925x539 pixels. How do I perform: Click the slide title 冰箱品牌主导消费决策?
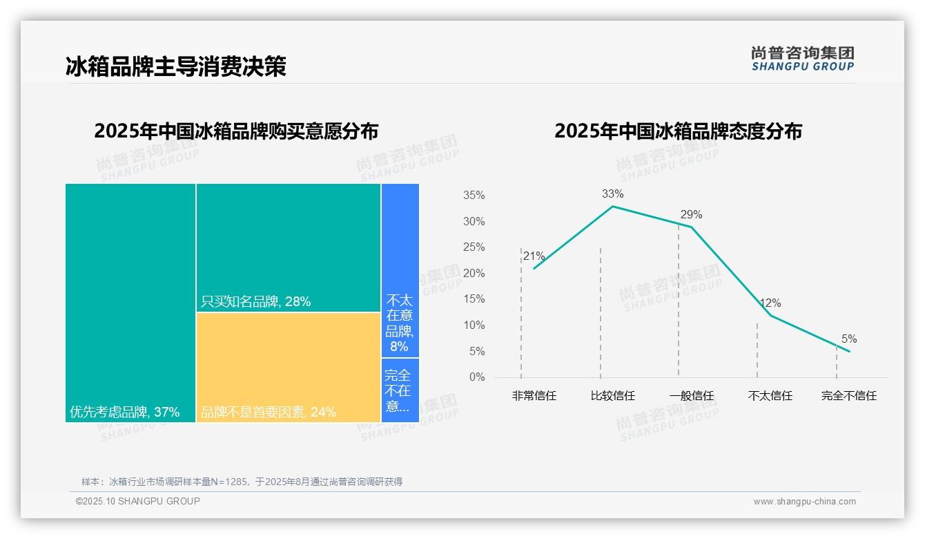pyautogui.click(x=175, y=66)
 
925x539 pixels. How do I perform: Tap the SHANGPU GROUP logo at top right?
pyautogui.click(x=802, y=59)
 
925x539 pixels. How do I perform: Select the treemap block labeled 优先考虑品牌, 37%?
pyautogui.click(x=130, y=303)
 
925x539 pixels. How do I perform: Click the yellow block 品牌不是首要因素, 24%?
pyautogui.click(x=288, y=367)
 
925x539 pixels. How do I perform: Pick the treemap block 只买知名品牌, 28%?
pyautogui.click(x=288, y=247)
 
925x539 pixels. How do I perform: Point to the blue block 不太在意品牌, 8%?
pyautogui.click(x=400, y=270)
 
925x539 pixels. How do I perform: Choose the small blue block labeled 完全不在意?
pyautogui.click(x=400, y=390)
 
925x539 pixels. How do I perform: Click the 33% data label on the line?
pyautogui.click(x=612, y=193)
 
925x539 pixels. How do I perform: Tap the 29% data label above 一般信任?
pyautogui.click(x=691, y=214)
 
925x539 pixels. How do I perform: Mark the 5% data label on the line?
pyautogui.click(x=849, y=339)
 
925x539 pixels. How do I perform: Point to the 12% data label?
pyautogui.click(x=770, y=303)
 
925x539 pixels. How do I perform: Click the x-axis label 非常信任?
pyautogui.click(x=534, y=396)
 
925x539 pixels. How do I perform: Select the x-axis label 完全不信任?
pyautogui.click(x=849, y=396)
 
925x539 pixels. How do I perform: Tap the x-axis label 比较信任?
pyautogui.click(x=612, y=396)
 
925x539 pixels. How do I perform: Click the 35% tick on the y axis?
pyautogui.click(x=474, y=196)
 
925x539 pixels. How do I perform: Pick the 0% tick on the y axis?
pyautogui.click(x=476, y=377)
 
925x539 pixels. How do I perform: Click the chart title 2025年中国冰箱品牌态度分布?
pyautogui.click(x=678, y=131)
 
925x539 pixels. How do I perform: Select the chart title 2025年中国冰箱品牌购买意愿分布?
pyautogui.click(x=236, y=131)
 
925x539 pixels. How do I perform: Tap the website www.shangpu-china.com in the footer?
pyautogui.click(x=804, y=502)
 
